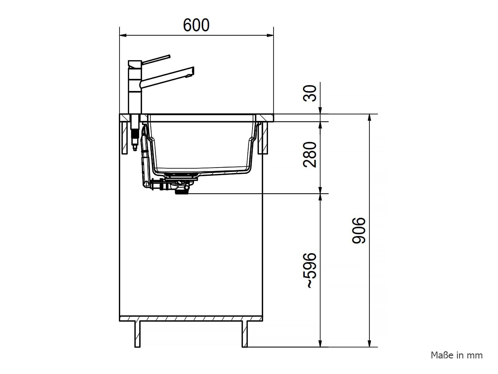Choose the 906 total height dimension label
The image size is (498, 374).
coord(359,231)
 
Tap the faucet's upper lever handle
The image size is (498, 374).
coord(156,59)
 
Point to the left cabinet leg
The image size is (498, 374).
coord(137,334)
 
